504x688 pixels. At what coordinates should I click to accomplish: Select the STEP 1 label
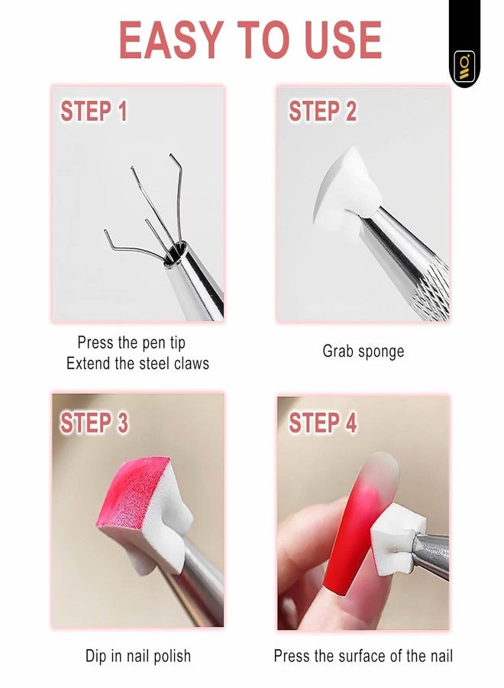pyautogui.click(x=94, y=111)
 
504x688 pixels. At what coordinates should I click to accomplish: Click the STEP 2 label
pyautogui.click(x=322, y=111)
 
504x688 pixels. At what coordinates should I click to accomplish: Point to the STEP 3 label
pyautogui.click(x=94, y=423)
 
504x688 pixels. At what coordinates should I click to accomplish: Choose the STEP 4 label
pyautogui.click(x=322, y=423)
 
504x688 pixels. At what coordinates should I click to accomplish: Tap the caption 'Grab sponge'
pyautogui.click(x=363, y=352)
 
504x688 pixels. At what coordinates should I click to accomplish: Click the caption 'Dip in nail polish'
pyautogui.click(x=138, y=656)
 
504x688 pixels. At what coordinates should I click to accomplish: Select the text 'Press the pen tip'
pyautogui.click(x=131, y=342)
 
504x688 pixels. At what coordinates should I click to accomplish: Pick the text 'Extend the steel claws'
pyautogui.click(x=137, y=364)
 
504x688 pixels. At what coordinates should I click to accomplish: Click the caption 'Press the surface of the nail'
pyautogui.click(x=363, y=656)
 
